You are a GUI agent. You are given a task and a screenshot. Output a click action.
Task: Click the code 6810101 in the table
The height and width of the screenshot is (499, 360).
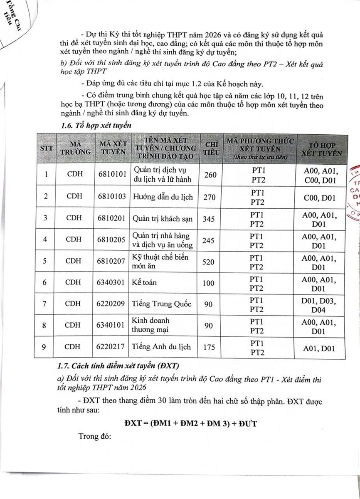click(x=112, y=175)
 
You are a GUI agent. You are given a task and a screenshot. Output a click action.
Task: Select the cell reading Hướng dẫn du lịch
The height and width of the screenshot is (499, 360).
click(x=162, y=197)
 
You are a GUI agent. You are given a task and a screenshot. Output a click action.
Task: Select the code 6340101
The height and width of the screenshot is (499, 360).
click(x=112, y=326)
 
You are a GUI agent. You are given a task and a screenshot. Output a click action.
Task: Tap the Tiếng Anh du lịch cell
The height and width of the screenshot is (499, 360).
click(x=161, y=347)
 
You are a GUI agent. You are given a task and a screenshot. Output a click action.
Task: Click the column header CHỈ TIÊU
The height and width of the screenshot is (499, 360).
click(x=210, y=148)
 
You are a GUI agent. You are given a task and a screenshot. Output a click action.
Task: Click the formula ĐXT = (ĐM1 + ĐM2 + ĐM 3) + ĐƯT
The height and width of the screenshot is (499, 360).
click(x=191, y=423)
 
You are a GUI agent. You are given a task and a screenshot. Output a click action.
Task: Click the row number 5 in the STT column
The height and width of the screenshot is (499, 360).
click(x=45, y=262)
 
